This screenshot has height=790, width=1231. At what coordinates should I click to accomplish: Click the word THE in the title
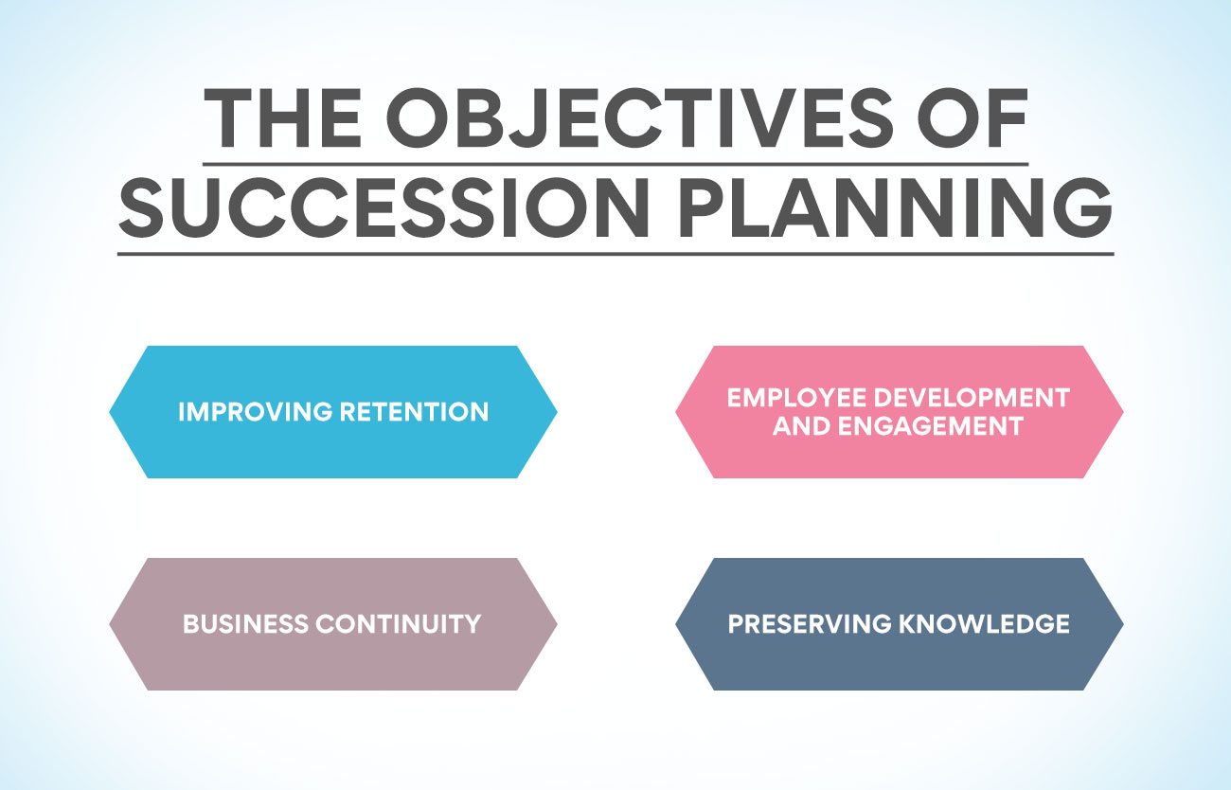click(282, 117)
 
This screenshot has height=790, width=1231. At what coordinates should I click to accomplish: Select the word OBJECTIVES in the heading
click(640, 117)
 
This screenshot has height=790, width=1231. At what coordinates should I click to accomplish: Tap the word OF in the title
click(972, 117)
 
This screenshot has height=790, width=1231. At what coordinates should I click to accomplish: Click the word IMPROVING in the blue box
click(256, 412)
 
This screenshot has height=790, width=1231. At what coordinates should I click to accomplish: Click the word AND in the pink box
click(802, 426)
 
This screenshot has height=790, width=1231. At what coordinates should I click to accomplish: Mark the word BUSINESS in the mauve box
click(245, 624)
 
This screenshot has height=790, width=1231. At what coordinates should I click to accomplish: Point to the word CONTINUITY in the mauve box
click(399, 624)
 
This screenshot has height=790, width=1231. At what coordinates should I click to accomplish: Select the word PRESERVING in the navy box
click(810, 624)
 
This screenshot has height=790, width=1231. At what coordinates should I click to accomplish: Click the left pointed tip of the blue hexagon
click(109, 412)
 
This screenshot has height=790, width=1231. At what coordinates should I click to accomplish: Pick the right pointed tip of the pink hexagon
click(1123, 412)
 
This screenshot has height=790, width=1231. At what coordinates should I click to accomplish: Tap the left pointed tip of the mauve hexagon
click(109, 624)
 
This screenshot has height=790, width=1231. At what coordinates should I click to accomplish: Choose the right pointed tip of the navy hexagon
click(1123, 624)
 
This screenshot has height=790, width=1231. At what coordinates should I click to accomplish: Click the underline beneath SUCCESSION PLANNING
click(615, 254)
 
